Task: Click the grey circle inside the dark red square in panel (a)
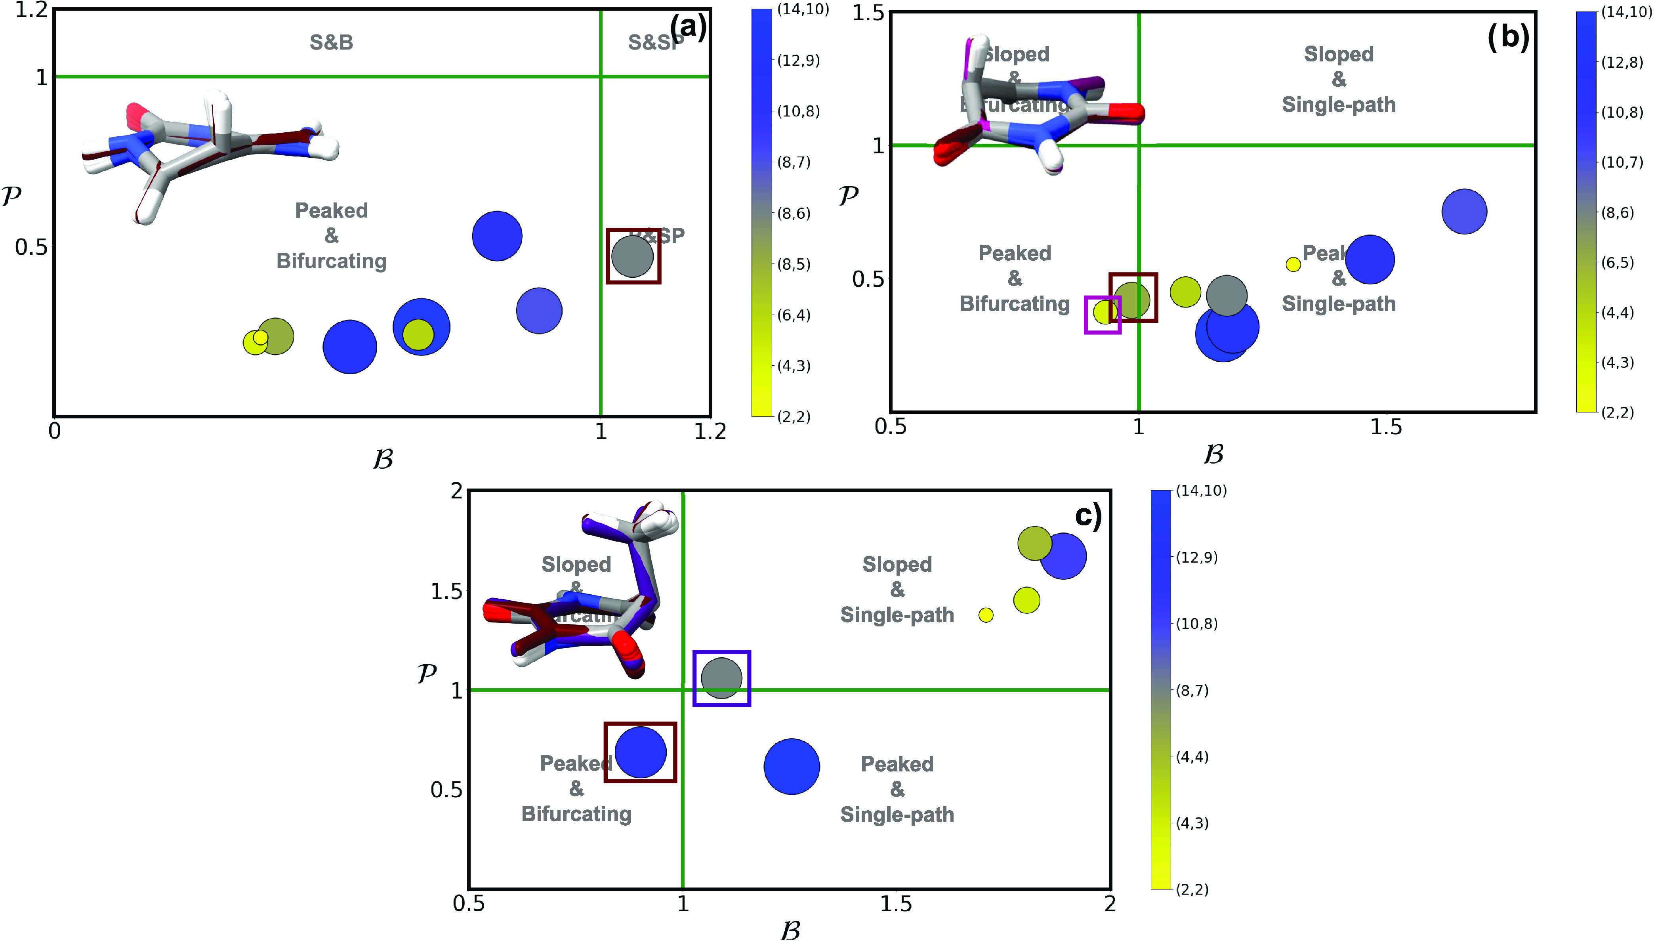pos(632,256)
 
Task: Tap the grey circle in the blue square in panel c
pos(721,678)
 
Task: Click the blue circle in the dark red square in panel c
pos(640,752)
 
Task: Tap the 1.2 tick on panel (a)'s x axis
pos(710,431)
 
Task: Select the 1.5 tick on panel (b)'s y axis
pos(867,13)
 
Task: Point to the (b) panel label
pos(1507,37)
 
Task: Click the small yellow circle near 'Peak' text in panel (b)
pos(1292,264)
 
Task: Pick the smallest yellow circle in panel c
pos(985,615)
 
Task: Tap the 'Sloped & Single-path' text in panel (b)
pos(1338,80)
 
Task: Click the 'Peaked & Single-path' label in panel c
pos(897,789)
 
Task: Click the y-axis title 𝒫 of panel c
pos(426,674)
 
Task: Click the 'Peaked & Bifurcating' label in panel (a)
pos(332,236)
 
